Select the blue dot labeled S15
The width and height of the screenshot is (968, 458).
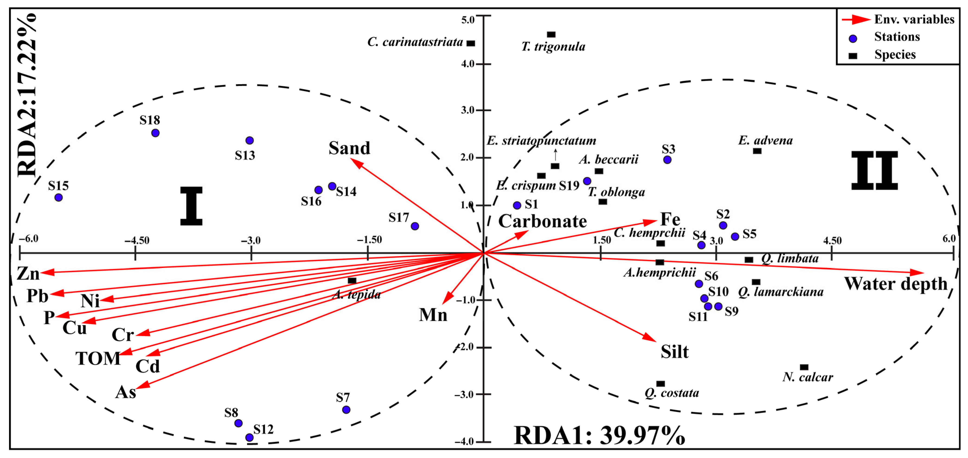59,197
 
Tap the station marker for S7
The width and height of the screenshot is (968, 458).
346,410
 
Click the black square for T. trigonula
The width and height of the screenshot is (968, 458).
551,35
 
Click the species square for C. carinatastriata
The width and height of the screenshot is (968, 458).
471,44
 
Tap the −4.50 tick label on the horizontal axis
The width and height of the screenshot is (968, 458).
137,240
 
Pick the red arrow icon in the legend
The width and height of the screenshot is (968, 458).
856,19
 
